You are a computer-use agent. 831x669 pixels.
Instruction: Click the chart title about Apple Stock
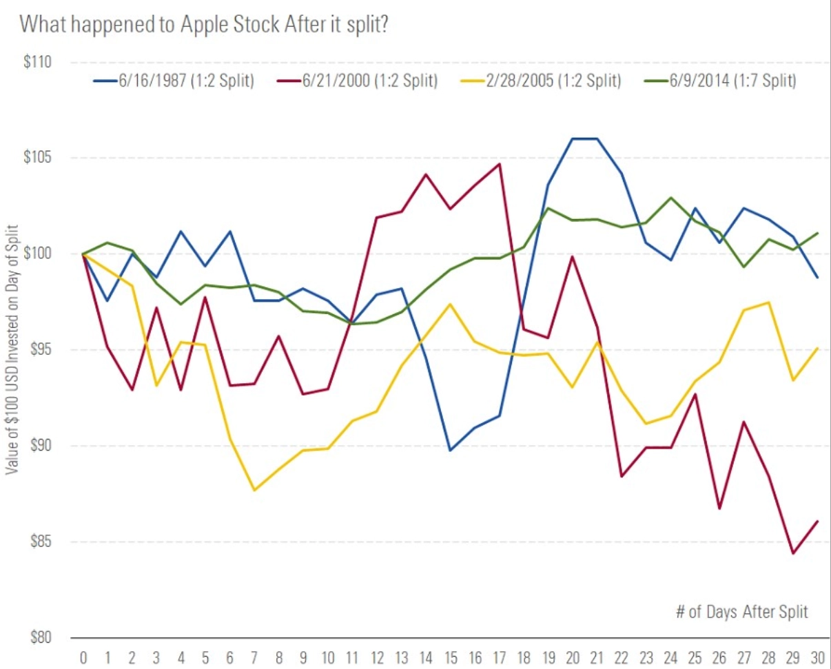click(206, 24)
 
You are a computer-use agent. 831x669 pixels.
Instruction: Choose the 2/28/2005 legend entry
click(540, 81)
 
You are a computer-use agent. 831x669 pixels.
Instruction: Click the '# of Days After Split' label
click(741, 613)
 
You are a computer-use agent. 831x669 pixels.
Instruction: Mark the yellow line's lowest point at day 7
click(254, 490)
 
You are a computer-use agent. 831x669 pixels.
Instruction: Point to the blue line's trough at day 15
click(450, 450)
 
